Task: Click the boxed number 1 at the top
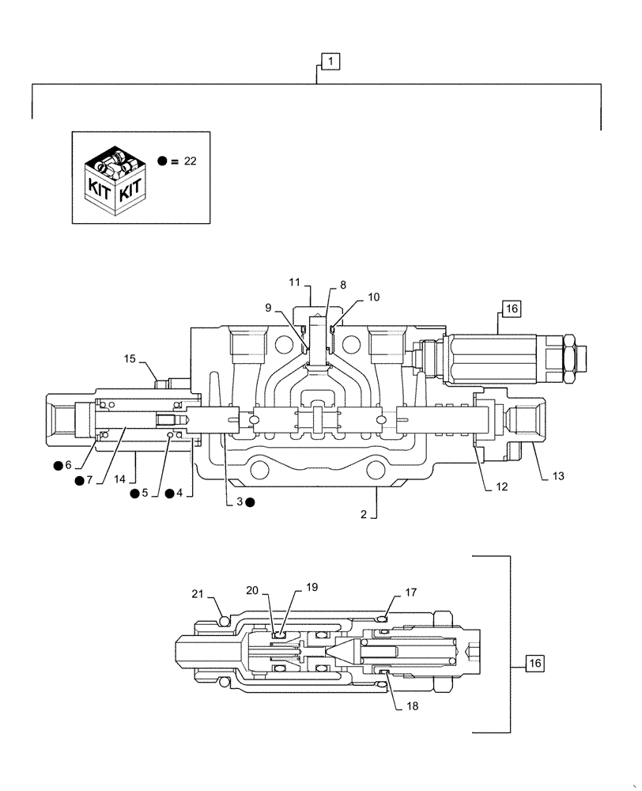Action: click(330, 60)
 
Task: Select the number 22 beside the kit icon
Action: click(190, 161)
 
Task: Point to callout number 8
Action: click(342, 285)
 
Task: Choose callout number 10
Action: click(373, 297)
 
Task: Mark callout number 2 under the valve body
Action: click(363, 514)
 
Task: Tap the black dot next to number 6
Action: click(58, 465)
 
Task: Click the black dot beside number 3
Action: click(250, 501)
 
